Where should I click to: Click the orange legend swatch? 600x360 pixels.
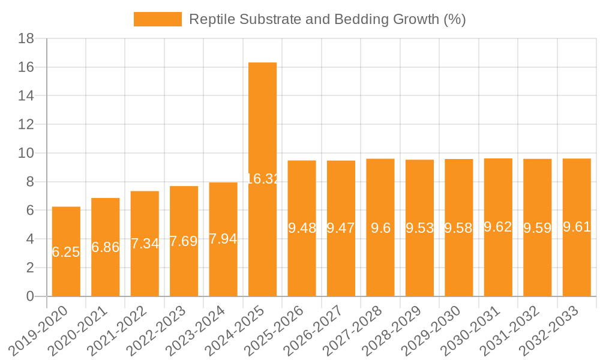click(157, 19)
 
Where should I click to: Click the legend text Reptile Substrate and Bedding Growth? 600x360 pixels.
click(328, 19)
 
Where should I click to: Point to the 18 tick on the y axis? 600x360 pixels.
click(26, 39)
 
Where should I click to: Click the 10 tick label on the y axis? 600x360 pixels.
click(26, 154)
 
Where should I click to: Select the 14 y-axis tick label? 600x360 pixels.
click(26, 96)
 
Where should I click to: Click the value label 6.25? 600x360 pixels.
click(66, 252)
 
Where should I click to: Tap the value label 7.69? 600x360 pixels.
click(184, 241)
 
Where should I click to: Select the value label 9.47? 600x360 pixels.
click(341, 228)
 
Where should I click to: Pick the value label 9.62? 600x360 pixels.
click(498, 227)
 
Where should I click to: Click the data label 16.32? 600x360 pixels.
click(262, 179)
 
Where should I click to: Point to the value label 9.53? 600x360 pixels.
click(419, 228)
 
